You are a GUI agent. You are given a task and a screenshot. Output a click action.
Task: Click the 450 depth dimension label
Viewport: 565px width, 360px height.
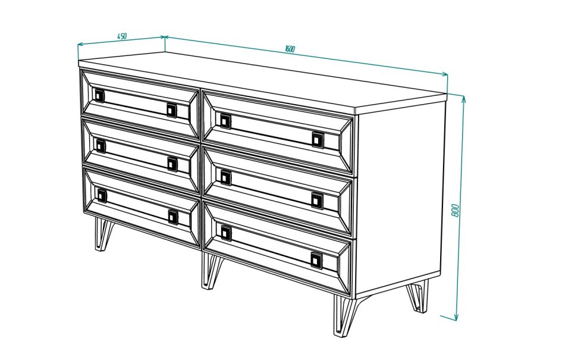point(122,36)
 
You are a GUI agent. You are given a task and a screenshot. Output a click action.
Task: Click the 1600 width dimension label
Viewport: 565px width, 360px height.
point(290,49)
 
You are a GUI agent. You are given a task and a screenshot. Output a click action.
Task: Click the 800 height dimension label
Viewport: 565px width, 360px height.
point(455,211)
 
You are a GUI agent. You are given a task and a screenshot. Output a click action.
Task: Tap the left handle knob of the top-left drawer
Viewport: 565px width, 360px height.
point(99,95)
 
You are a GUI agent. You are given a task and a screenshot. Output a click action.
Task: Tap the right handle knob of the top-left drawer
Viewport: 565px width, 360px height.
point(172,110)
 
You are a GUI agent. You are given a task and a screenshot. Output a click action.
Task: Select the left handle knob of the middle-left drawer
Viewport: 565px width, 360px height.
point(101,146)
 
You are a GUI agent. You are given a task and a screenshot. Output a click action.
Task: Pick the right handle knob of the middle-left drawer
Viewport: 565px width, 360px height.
point(172,164)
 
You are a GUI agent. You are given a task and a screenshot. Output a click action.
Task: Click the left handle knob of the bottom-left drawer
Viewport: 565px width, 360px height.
point(102,195)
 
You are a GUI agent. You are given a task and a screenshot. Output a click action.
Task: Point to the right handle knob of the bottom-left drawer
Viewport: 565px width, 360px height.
point(173,217)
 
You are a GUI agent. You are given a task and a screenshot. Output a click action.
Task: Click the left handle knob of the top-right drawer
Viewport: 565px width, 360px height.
point(225,121)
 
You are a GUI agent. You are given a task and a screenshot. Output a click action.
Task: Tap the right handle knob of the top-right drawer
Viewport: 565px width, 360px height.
point(318,139)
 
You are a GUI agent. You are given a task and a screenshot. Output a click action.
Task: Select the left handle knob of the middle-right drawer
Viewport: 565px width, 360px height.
point(225,178)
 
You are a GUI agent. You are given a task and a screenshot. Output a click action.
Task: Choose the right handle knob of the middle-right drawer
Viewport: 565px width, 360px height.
point(318,200)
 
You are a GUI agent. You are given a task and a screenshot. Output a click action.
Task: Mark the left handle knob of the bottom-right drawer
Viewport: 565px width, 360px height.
point(226,233)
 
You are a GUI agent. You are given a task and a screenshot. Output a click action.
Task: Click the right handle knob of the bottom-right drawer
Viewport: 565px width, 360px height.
point(317,260)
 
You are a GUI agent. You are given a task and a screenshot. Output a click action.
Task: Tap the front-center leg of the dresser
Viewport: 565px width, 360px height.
point(211,271)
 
